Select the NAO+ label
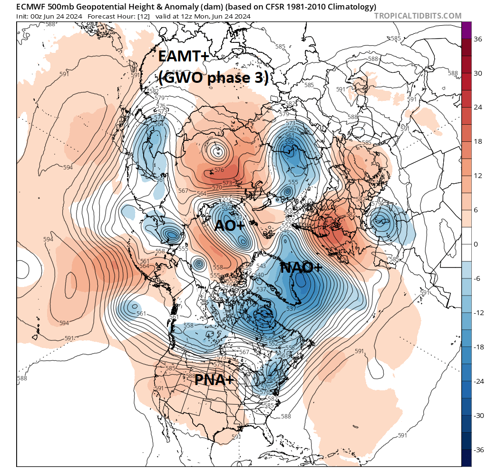coord(302,268)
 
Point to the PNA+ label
coord(214,380)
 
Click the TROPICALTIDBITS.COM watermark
coord(418,16)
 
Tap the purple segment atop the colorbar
coord(467,30)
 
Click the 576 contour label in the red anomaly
coord(219,170)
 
